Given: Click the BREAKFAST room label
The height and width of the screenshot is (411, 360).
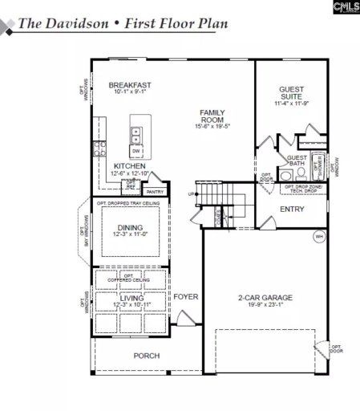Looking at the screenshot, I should (130, 84).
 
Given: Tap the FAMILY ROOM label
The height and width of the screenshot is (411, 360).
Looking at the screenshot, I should (212, 116).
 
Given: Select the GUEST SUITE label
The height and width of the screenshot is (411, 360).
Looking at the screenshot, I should (291, 94).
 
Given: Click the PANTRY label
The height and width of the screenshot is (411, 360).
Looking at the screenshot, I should (155, 192).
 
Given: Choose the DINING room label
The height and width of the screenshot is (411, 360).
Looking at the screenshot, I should (130, 228).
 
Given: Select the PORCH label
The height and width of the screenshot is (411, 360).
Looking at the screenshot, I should (146, 355).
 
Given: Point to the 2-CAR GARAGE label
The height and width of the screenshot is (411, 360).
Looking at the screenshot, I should (265, 298).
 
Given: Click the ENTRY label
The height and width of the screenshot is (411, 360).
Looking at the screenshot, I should (291, 210).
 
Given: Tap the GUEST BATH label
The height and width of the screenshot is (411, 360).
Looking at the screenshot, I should (297, 161).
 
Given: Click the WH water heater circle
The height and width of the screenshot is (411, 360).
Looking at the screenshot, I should (318, 236).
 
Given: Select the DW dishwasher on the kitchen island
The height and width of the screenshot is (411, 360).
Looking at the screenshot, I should (136, 150).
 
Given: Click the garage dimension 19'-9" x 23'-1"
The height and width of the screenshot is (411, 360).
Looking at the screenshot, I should (265, 306).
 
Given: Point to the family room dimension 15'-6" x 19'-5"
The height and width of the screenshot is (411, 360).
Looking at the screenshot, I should (212, 126).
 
